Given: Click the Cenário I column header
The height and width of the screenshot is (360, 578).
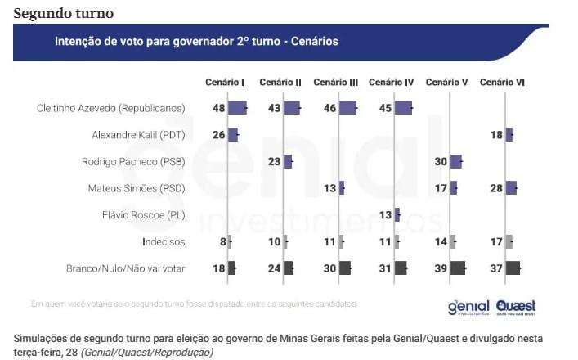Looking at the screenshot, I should point(225,83).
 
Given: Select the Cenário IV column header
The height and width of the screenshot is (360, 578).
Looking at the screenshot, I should point(392,83).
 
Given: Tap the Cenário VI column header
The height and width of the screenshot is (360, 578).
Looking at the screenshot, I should point(502,83).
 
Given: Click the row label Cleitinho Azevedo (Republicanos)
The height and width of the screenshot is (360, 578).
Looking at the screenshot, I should point(111,109).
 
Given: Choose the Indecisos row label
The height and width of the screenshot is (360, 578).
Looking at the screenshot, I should point(164,242).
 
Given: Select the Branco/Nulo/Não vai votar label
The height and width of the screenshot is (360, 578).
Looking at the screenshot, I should point(125,268).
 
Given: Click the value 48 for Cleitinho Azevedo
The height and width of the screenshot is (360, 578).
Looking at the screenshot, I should point(218,109).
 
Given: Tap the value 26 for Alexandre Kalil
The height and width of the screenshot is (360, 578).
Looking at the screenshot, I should point(218,135).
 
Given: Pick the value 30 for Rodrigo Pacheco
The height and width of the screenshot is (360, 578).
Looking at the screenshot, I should point(441,162).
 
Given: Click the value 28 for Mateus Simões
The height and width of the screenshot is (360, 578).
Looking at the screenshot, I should point(495,189).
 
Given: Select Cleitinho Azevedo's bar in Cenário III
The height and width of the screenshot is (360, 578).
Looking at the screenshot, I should point(347,108).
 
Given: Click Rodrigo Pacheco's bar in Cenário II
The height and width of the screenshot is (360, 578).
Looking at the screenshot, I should point(288,162).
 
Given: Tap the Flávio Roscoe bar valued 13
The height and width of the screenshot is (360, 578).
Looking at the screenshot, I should point(397,215).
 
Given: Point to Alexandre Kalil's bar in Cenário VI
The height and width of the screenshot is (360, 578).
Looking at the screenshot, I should point(509,135).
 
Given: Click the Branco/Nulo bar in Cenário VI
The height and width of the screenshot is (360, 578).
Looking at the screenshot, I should point(513,268).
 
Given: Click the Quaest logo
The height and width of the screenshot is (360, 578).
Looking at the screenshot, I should point(516,307).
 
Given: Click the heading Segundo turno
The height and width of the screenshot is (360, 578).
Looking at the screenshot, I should point(64,13).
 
